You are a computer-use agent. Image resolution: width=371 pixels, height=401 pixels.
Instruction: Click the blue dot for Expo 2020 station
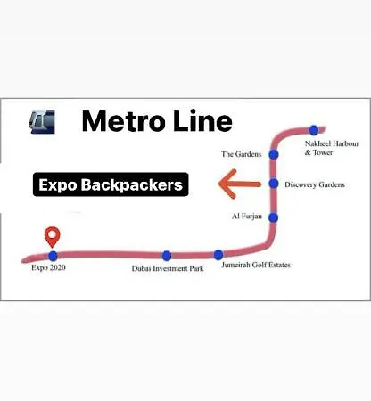53,256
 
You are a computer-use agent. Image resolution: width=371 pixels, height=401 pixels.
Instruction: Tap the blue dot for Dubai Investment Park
167,256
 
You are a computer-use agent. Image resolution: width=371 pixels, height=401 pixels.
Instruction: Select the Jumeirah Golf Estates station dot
218,255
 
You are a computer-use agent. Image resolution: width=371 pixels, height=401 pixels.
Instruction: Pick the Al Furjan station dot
274,217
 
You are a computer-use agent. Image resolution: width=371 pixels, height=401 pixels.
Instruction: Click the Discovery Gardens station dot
274,184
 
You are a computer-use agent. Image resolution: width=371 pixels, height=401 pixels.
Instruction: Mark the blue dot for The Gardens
274,154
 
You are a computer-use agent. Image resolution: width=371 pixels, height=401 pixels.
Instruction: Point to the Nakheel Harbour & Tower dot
314,130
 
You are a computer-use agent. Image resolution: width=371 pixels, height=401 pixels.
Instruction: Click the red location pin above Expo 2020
53,237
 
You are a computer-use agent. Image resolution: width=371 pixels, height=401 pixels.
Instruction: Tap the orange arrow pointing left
240,184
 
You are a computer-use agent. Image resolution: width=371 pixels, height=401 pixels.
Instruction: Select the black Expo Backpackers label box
111,184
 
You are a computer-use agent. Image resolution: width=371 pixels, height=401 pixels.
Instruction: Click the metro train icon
42,121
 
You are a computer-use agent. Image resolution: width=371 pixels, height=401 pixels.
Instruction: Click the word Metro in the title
123,121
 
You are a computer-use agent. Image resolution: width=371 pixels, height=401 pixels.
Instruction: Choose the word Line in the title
202,120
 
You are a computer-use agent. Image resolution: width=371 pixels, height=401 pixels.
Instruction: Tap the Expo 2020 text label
48,267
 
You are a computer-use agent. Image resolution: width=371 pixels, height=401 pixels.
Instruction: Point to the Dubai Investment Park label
168,268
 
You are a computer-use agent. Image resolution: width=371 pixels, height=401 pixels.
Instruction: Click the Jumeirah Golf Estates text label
256,265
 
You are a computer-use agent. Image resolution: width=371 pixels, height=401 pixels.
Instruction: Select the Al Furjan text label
247,217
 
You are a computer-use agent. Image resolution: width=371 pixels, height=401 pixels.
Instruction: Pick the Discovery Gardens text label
315,184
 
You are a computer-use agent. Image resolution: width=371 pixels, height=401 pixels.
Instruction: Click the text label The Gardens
242,154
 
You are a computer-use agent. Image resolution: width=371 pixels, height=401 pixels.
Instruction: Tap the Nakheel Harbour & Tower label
332,148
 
